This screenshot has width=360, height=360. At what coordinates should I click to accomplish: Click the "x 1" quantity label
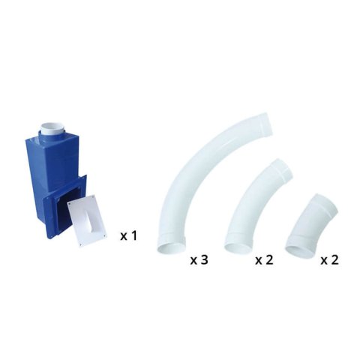(128, 235)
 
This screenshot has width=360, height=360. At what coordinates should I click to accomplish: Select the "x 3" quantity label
(199, 260)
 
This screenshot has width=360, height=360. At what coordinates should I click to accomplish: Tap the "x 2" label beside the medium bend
(264, 260)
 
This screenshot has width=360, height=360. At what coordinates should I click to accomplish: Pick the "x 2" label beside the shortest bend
(330, 260)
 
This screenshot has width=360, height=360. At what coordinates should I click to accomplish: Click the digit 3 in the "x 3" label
(204, 260)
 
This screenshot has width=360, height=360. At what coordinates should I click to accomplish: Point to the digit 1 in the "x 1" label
(134, 235)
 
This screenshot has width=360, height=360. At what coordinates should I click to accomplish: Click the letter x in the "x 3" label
(193, 261)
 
